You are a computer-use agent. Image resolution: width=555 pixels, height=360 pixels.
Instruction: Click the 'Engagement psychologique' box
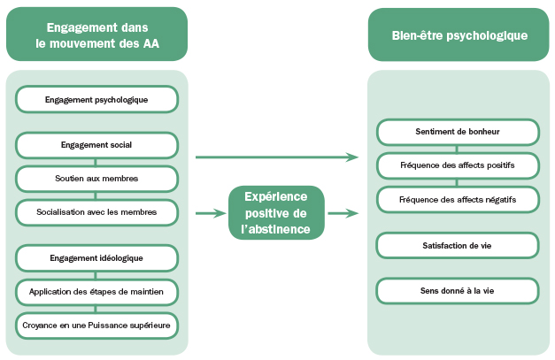click(x=96, y=99)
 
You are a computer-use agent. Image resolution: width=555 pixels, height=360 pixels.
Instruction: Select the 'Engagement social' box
click(x=96, y=143)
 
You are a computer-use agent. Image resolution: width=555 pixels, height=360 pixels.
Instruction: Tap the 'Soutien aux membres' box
click(x=96, y=178)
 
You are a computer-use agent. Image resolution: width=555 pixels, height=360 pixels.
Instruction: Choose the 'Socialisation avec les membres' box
click(x=96, y=211)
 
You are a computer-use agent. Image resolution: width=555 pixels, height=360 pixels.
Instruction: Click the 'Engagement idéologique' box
click(x=96, y=257)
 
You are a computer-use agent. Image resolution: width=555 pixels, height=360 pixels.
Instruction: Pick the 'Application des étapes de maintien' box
click(x=96, y=290)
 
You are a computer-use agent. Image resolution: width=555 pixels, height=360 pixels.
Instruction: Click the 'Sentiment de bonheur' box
click(x=457, y=132)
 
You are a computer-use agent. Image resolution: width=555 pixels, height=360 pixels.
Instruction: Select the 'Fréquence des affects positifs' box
click(x=457, y=165)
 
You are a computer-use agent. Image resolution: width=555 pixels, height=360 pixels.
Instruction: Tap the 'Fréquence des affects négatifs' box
click(x=457, y=199)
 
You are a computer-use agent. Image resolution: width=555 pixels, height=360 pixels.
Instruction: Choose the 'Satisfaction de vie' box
click(x=457, y=244)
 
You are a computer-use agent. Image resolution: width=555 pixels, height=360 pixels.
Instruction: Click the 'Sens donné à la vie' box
click(x=457, y=290)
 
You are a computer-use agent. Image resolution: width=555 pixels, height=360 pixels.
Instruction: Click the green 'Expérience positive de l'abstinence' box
click(x=275, y=213)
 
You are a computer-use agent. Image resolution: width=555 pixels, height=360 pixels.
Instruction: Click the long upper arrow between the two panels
click(x=275, y=157)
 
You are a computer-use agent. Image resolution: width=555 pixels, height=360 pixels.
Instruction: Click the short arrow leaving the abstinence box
click(x=343, y=213)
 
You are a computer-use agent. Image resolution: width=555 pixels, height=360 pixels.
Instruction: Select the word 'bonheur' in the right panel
click(x=483, y=132)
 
